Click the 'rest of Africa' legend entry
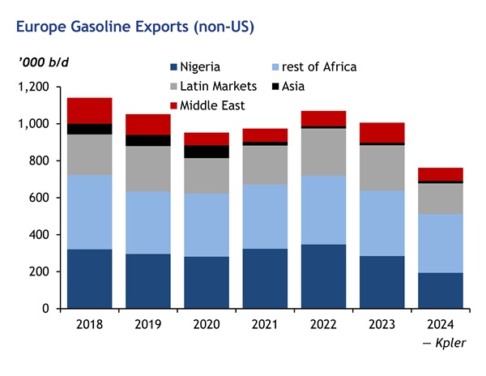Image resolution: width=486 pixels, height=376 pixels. point(312,67)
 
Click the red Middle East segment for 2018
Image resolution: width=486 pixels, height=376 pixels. point(89,110)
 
